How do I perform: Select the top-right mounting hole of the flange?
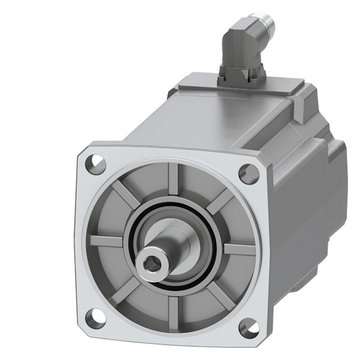coord(249,174)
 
